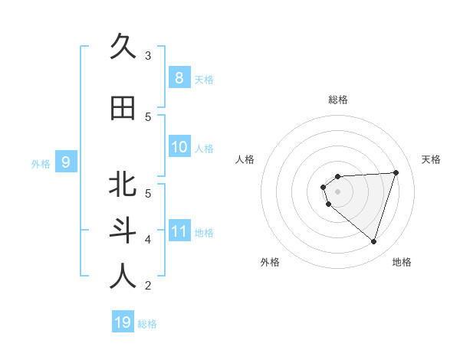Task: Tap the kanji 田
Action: pyautogui.click(x=123, y=108)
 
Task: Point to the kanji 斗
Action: pyautogui.click(x=123, y=231)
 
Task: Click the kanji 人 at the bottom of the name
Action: pyautogui.click(x=123, y=277)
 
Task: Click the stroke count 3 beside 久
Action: pyautogui.click(x=148, y=55)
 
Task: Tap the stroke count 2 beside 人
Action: pyautogui.click(x=148, y=286)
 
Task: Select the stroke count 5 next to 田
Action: pyautogui.click(x=148, y=116)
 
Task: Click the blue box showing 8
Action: pyautogui.click(x=179, y=77)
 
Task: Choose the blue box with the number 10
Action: pyautogui.click(x=179, y=147)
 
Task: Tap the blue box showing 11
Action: pyautogui.click(x=179, y=231)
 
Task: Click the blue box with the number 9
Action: pyautogui.click(x=66, y=162)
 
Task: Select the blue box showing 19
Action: pyautogui.click(x=123, y=322)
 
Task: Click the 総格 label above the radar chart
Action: pyautogui.click(x=337, y=100)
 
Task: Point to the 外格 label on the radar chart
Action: pyautogui.click(x=270, y=262)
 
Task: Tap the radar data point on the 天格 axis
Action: pyautogui.click(x=396, y=172)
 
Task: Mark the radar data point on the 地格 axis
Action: pyautogui.click(x=373, y=242)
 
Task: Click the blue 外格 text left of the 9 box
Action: pyautogui.click(x=41, y=163)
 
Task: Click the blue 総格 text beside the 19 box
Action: pyautogui.click(x=147, y=324)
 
